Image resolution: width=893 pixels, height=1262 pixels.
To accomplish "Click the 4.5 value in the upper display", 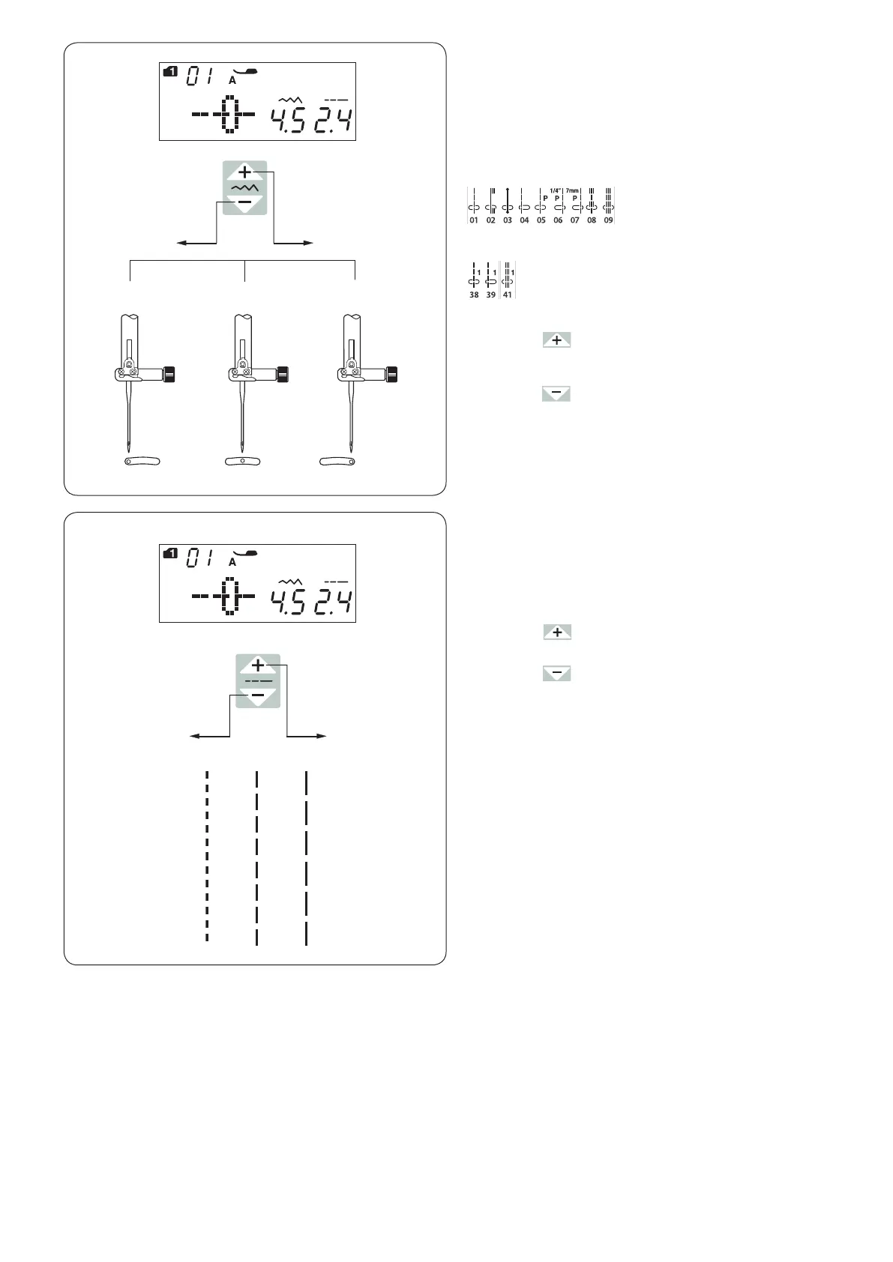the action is [x=289, y=118].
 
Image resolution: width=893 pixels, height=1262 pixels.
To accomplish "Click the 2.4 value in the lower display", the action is [x=334, y=601].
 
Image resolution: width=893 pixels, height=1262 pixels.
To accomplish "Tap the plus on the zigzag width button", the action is [x=245, y=172].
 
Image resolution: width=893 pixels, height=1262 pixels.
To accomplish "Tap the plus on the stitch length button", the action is [x=258, y=665].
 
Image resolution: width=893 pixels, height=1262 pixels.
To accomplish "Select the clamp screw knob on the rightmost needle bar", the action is [x=392, y=373].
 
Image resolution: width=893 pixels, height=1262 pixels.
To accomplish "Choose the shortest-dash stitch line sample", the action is [x=206, y=854].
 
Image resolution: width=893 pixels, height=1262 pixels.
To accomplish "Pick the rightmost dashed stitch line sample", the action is [x=307, y=854].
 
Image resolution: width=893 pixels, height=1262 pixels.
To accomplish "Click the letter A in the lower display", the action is [x=232, y=561].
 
